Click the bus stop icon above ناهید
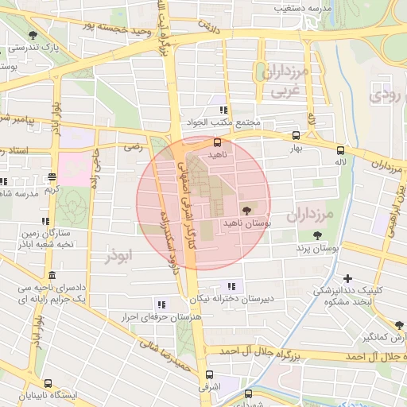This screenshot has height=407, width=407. pos(217,141)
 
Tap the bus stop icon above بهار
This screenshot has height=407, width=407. pos(297,136)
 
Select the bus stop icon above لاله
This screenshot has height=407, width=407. pos(340,149)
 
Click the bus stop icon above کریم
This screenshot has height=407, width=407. pos(52,177)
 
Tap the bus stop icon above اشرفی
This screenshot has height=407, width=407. pos(209,374)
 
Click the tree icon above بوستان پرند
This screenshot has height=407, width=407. pos(317,235)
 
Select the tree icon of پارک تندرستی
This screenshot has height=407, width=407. pos(33,35)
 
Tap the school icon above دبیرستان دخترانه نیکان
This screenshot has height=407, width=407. pos(231,286)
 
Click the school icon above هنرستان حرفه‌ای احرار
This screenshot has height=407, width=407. pos(161,304)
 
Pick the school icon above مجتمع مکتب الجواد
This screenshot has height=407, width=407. pos(224,110)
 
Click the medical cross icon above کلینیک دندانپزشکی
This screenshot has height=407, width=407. pos(347,278)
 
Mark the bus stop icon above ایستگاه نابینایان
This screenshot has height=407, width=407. pos(48,382)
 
